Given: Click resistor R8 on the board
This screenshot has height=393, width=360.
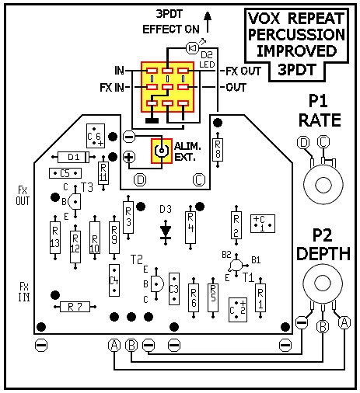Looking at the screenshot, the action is [218, 150].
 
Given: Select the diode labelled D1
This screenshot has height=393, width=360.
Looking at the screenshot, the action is [73, 157].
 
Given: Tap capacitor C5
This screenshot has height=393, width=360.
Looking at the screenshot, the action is [65, 173].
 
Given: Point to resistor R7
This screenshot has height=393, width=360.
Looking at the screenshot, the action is [75, 307].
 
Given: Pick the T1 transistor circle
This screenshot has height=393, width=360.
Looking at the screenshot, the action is [236, 265].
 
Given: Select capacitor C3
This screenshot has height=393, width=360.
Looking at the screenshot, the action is [174, 289].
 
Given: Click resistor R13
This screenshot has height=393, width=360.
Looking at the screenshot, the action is [55, 238].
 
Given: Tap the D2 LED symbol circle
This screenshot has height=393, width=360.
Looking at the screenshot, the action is [193, 48].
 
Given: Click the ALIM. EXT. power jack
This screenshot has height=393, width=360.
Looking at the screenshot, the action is [162, 151].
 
